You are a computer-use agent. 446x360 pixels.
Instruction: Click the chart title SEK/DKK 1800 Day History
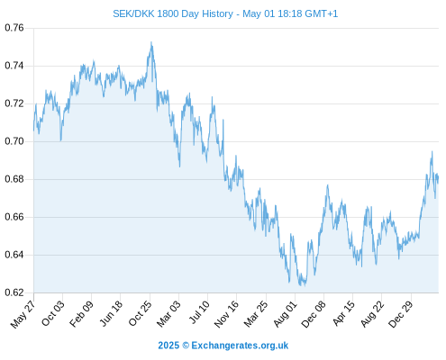(x=173, y=13)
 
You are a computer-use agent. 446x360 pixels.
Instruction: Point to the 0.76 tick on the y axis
(x=14, y=28)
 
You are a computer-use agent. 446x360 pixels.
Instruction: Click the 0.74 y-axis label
(x=14, y=66)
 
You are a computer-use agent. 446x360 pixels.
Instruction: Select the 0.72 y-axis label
(x=14, y=103)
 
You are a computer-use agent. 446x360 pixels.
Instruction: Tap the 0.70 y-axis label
(x=14, y=141)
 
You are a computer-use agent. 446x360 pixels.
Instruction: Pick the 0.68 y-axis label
(x=14, y=179)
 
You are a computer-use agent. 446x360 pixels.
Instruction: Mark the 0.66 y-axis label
(x=14, y=217)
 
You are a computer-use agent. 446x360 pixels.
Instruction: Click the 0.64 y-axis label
(x=14, y=255)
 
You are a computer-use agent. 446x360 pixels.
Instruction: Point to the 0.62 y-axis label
(x=14, y=292)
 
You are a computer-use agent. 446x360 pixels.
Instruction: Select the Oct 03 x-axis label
(x=52, y=313)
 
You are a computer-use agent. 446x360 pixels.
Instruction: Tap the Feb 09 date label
(x=81, y=313)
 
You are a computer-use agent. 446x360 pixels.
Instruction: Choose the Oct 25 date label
(x=140, y=313)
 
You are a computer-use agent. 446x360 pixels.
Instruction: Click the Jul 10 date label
(x=199, y=312)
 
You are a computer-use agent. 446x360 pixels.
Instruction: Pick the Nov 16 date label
(x=226, y=313)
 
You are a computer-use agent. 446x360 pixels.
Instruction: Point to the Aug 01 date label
(x=285, y=313)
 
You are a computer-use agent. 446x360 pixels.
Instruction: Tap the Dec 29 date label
(x=400, y=313)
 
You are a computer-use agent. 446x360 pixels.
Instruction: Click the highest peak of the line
(x=151, y=42)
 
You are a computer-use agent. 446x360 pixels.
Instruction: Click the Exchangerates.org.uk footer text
(x=240, y=346)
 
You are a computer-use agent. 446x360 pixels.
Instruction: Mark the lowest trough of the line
(x=300, y=285)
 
